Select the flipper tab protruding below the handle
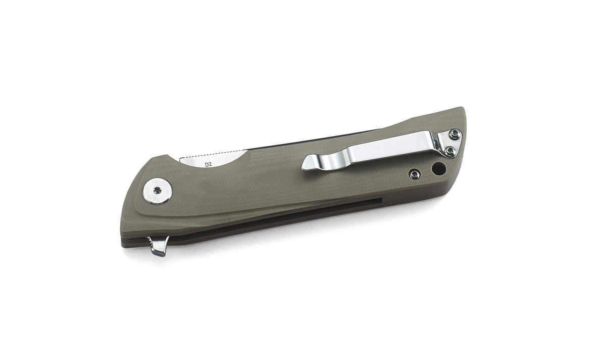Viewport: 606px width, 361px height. pyautogui.click(x=159, y=246)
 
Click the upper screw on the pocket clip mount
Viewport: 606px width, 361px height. pyautogui.click(x=456, y=133)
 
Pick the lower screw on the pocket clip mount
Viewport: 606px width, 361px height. pyautogui.click(x=448, y=149)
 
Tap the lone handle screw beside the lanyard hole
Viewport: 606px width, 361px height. pyautogui.click(x=415, y=174)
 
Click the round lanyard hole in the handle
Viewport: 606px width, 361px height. pyautogui.click(x=438, y=168)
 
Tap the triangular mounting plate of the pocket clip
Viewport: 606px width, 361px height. pyautogui.click(x=450, y=142)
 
